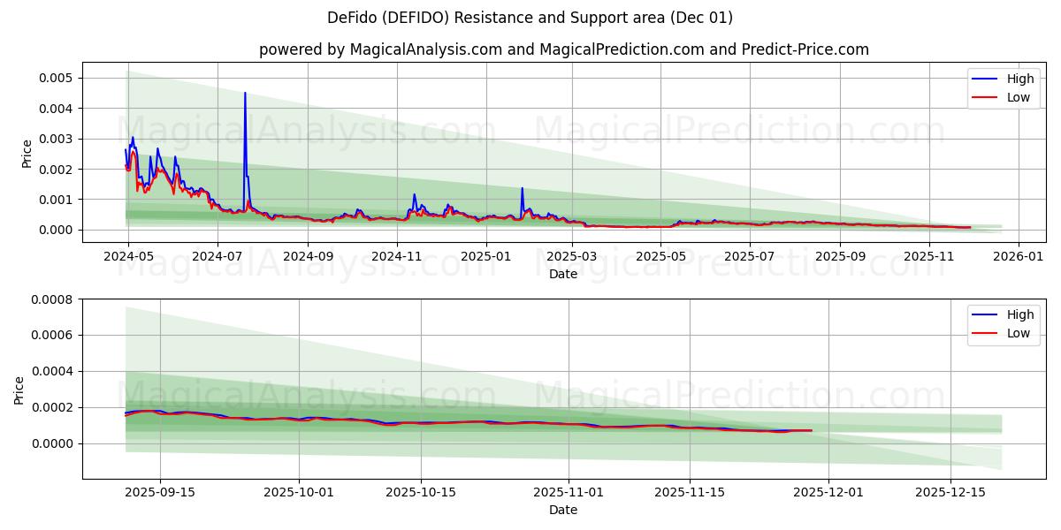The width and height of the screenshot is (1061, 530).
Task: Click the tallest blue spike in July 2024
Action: pos(245,93)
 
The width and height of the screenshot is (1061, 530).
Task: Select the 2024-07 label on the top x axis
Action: pos(218,256)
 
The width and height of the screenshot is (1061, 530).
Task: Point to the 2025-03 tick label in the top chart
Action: pos(572,256)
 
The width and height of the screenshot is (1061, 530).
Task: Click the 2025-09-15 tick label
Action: pos(160,492)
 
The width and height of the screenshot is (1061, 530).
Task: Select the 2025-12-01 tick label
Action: pos(828,492)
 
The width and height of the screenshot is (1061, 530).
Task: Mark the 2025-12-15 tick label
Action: pos(950,492)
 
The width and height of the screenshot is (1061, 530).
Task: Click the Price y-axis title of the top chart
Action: pos(27,153)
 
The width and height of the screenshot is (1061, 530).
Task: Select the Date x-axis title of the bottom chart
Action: pos(563,510)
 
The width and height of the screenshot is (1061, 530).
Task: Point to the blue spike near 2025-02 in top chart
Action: pos(522,188)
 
